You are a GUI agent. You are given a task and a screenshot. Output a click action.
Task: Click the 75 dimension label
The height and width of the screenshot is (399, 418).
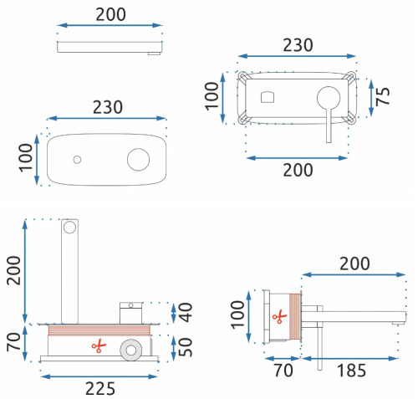[x=383, y=96]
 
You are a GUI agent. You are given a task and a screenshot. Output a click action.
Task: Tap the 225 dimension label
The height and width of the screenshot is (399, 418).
[x=100, y=388]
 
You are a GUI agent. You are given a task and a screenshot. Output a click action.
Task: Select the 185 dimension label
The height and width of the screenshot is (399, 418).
[x=351, y=371]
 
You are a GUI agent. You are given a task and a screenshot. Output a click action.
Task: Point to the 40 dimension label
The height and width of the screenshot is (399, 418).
[x=186, y=313]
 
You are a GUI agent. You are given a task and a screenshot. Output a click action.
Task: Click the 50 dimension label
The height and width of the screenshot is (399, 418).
[x=186, y=347]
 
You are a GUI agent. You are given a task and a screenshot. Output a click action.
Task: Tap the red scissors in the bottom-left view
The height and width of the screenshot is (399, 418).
[x=99, y=346]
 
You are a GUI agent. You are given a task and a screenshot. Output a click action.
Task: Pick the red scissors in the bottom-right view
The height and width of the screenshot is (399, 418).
[x=279, y=316]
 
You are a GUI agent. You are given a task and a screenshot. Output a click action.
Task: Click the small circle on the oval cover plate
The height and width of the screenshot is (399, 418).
[x=77, y=160]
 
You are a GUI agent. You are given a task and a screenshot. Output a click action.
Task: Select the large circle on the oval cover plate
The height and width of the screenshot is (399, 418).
[x=138, y=160]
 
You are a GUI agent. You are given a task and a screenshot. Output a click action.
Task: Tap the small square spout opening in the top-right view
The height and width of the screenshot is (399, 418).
[x=268, y=97]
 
